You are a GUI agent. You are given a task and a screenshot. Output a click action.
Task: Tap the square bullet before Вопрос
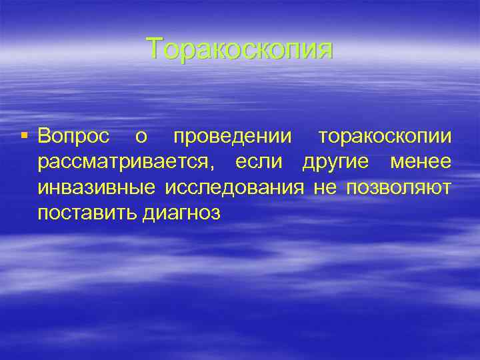[x=25, y=137]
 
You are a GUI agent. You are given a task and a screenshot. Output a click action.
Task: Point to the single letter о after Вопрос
[x=141, y=138]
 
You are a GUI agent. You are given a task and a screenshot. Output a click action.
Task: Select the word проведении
[x=232, y=138]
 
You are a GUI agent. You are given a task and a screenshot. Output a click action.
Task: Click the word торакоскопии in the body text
[x=385, y=138]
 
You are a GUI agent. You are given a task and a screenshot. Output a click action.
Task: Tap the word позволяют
[x=398, y=187]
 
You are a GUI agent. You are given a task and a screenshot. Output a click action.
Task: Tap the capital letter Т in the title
[x=154, y=49]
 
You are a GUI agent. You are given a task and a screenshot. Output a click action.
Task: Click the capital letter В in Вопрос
[x=44, y=137]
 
